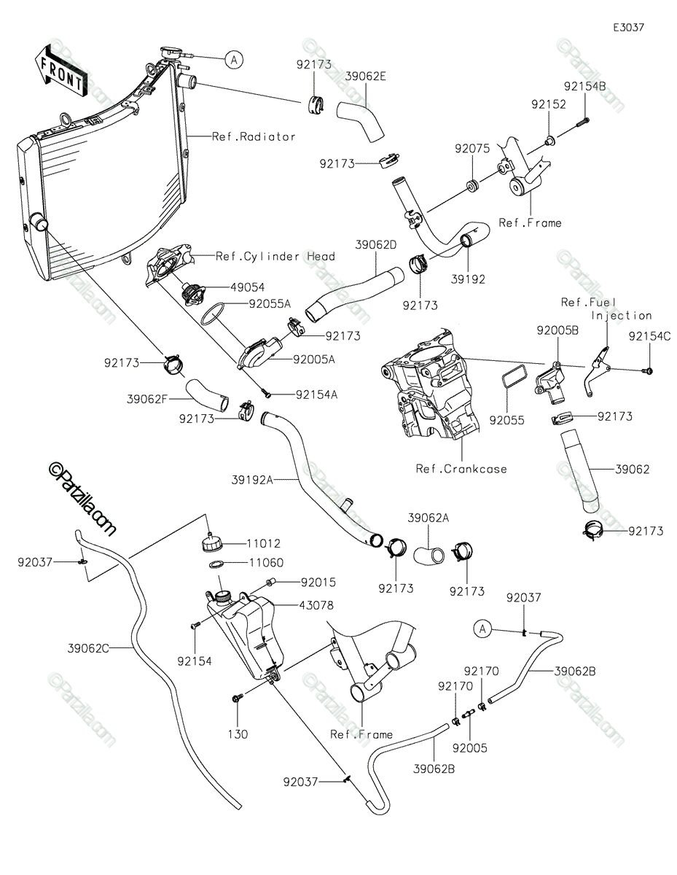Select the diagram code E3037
[x=628, y=28]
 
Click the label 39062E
[x=367, y=75]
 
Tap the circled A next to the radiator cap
[x=233, y=60]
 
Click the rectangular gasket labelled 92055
[x=512, y=379]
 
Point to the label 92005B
[x=557, y=330]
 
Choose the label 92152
[x=549, y=105]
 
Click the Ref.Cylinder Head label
[x=275, y=257]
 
